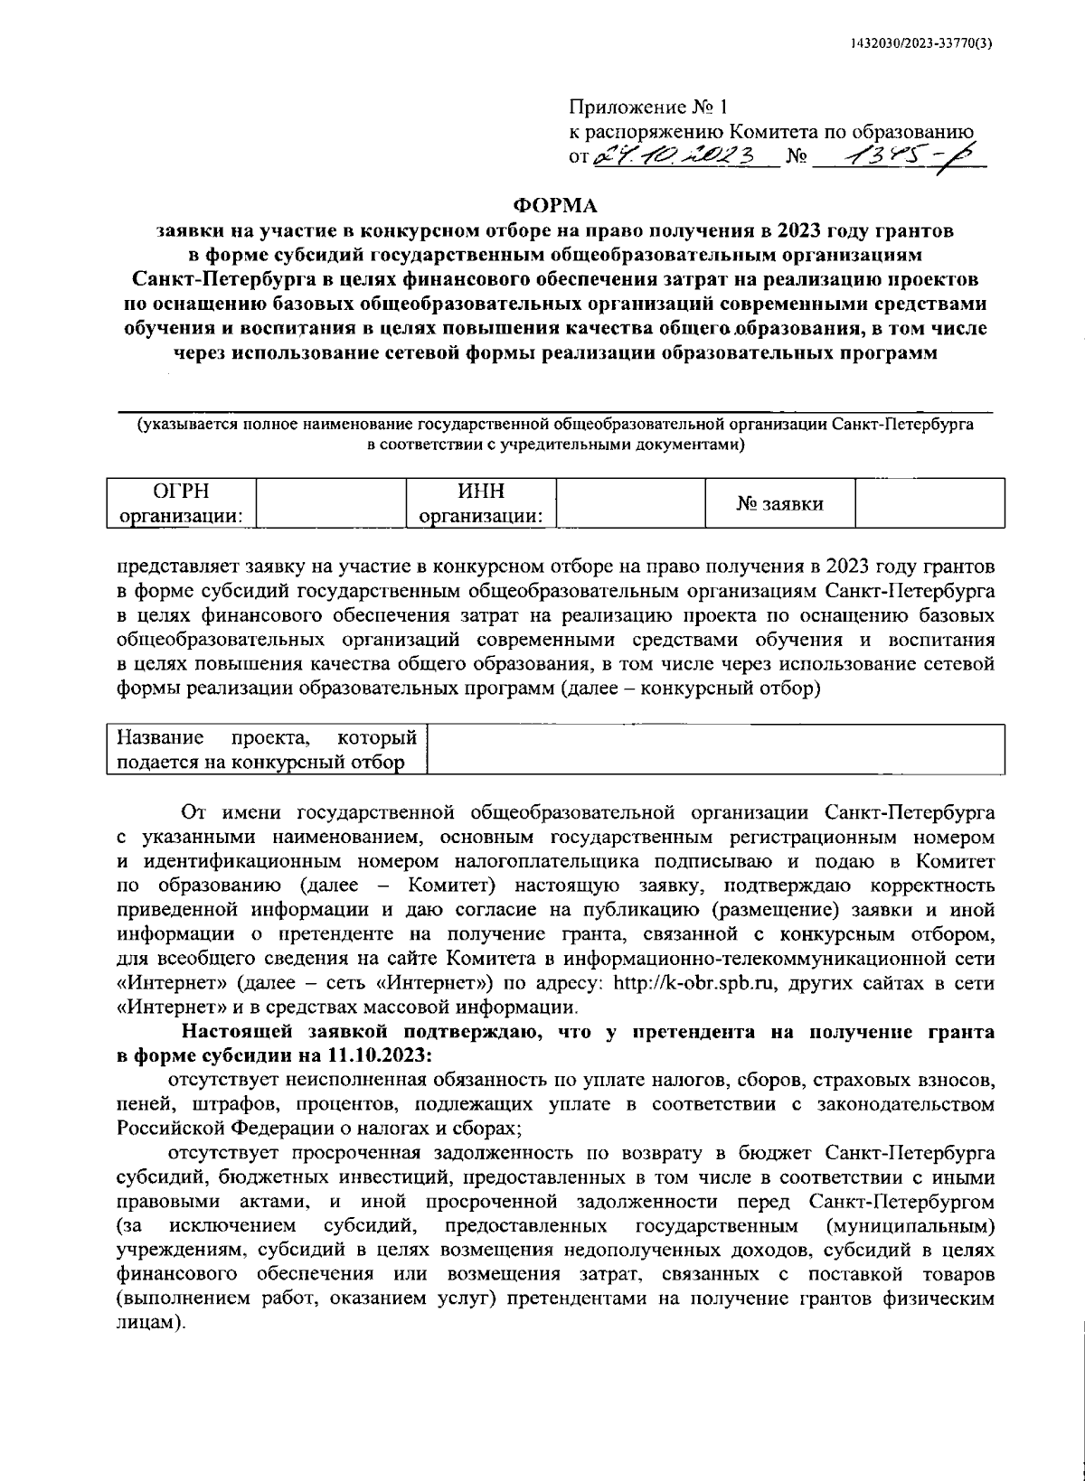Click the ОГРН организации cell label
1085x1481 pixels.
181,503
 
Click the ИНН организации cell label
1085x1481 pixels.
480,503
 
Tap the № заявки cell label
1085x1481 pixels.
779,503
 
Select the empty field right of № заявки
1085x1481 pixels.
929,503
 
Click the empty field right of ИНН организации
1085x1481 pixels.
630,503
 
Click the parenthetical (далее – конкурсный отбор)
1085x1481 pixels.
690,689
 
